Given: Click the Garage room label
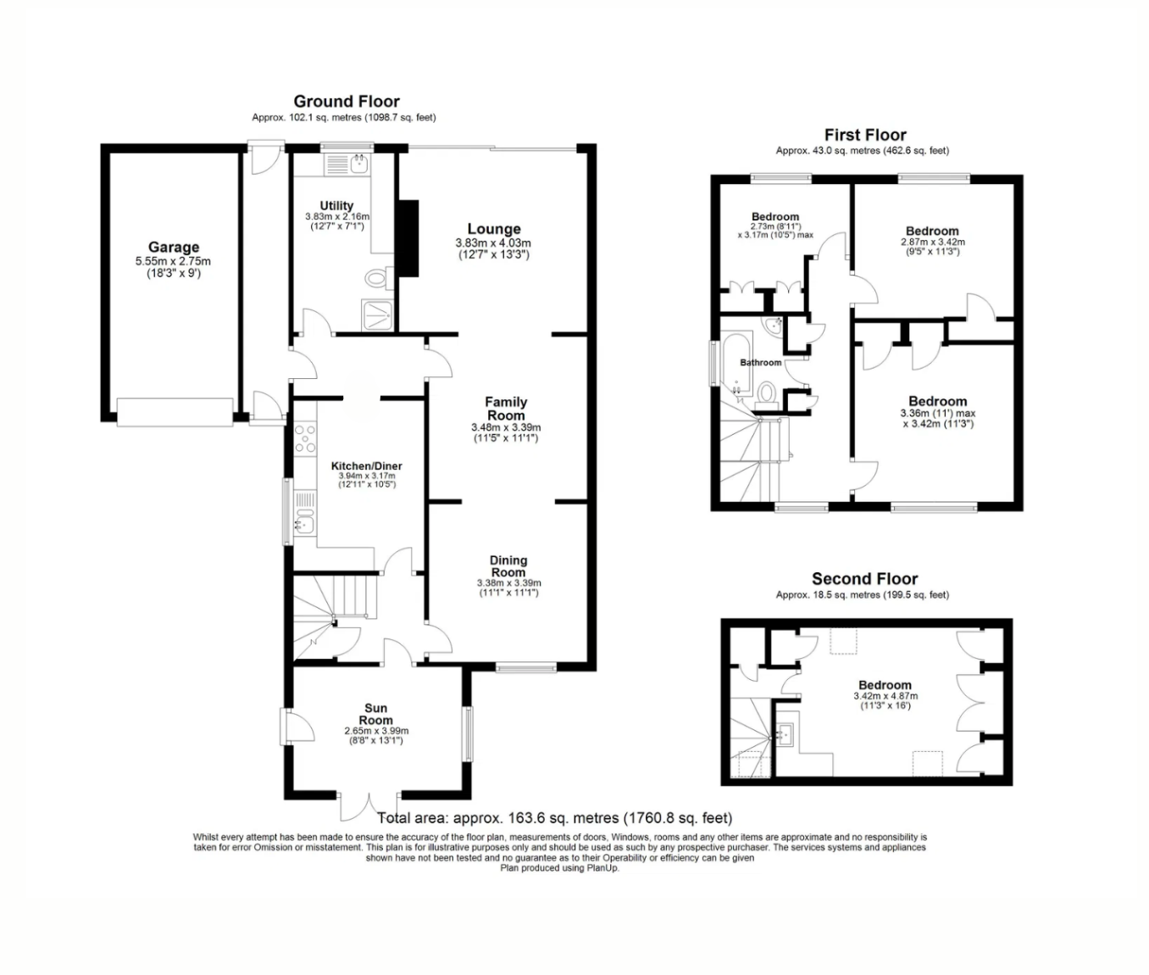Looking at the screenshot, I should point(174,248).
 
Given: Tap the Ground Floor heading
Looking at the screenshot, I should point(347,101).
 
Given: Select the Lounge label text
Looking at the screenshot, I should point(494,229).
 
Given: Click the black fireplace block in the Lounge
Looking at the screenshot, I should point(408,238).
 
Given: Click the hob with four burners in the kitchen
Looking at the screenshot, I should point(304,439).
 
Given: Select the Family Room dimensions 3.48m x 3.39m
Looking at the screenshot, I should point(506,428).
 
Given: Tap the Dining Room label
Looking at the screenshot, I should point(508,565).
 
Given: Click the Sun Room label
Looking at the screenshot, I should point(376,714).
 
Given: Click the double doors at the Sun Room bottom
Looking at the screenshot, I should point(369,807).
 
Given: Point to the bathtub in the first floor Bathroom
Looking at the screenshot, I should point(734,365).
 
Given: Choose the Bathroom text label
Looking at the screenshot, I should point(761,363).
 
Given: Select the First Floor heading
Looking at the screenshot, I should point(865,135).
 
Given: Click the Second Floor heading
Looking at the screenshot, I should point(864,579).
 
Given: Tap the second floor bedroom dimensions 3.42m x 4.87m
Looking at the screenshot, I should point(885,696).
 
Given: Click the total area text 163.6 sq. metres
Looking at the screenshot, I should point(554,818).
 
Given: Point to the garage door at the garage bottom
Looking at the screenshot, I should point(175,412).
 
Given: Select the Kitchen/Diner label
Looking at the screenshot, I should point(366,466).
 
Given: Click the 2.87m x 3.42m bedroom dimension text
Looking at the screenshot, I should point(932,242).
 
